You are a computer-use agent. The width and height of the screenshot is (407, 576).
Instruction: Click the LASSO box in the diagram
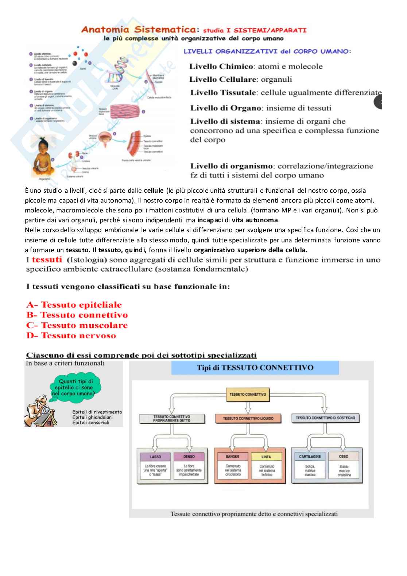point(155,457)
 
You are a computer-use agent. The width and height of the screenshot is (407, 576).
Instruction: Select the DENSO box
point(189,457)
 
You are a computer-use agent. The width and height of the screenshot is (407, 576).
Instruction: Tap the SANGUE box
point(233,457)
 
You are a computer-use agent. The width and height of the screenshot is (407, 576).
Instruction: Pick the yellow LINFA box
point(266,457)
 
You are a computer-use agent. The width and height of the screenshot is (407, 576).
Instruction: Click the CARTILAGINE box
point(310,457)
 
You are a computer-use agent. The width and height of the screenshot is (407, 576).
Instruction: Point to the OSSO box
point(344,456)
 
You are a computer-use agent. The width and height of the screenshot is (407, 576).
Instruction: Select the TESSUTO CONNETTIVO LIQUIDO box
point(248,418)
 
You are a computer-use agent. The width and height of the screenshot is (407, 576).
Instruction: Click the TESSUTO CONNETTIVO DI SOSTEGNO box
point(325,418)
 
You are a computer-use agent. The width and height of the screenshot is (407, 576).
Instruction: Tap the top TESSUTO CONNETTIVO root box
point(248,395)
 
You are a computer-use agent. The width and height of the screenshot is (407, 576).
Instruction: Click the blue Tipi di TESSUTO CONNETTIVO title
point(255,368)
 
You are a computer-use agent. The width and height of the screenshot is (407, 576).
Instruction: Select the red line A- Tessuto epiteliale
point(74,305)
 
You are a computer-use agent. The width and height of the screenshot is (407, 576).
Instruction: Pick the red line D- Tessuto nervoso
point(71,335)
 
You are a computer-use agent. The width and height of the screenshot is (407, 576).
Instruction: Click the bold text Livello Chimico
point(221,66)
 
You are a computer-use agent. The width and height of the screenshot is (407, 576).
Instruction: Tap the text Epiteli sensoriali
point(91,423)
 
